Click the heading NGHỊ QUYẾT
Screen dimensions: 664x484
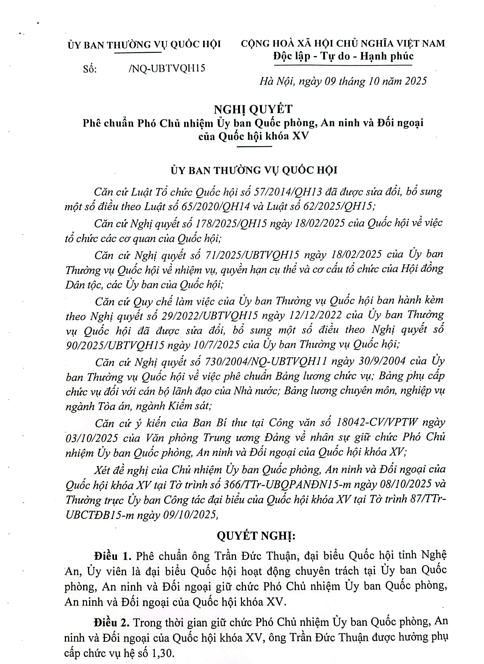point(253,109)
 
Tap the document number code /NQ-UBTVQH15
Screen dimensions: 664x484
point(167,68)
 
